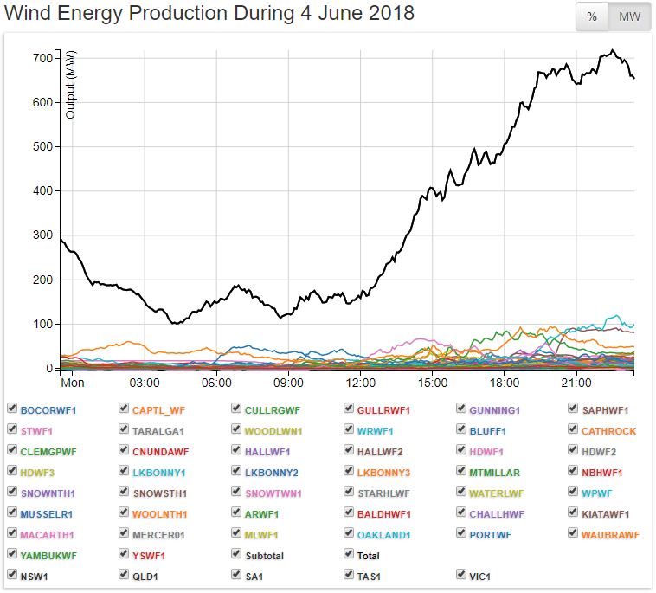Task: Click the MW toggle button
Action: tap(629, 16)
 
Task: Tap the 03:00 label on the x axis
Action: tap(145, 383)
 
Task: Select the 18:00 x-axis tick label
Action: tap(504, 383)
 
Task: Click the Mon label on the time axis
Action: tap(73, 383)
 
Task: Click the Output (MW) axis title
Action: tap(71, 84)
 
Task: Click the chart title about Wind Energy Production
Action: tap(209, 14)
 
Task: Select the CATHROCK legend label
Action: tap(608, 430)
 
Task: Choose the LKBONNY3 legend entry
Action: tap(383, 472)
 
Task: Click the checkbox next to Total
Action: tap(349, 555)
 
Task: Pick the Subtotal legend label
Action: tap(264, 556)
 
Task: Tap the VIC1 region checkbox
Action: tap(461, 574)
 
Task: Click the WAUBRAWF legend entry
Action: tap(610, 535)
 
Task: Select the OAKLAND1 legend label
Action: tap(383, 535)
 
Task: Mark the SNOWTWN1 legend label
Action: tap(273, 493)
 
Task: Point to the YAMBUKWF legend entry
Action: tap(48, 556)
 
